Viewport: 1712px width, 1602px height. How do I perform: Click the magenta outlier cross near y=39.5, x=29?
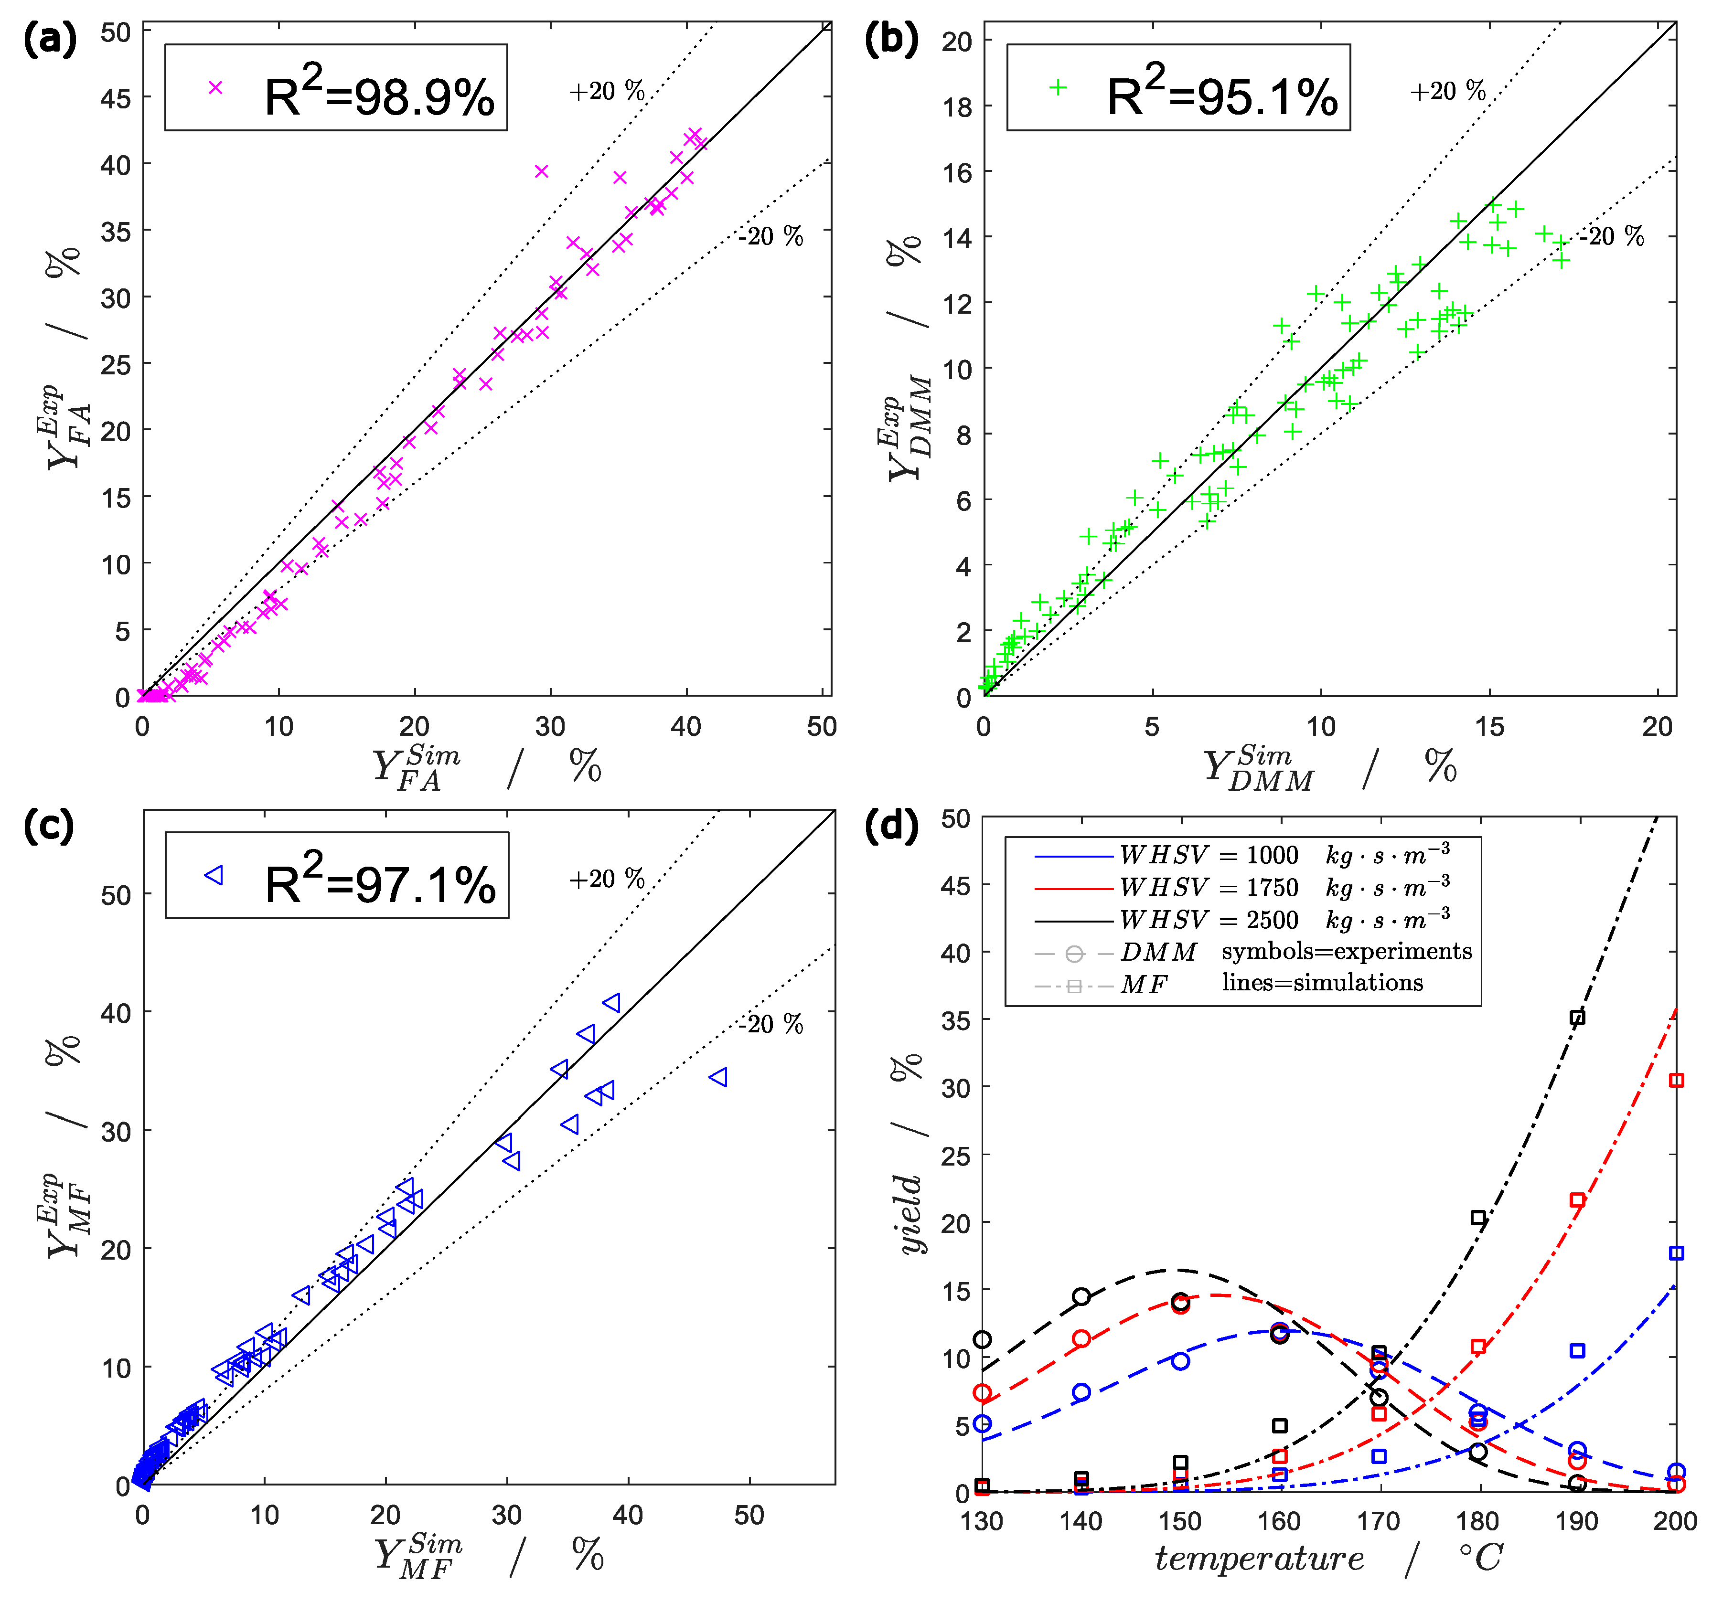(x=542, y=171)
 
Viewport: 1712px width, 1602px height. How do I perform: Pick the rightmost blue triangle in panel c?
(x=718, y=1077)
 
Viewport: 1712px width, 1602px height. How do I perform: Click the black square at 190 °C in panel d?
(x=1577, y=1018)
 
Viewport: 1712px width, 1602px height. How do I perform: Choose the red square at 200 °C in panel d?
(x=1676, y=1081)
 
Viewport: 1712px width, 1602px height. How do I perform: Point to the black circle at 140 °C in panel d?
(x=1081, y=1296)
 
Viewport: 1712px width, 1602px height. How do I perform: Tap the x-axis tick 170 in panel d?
(x=1378, y=1521)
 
